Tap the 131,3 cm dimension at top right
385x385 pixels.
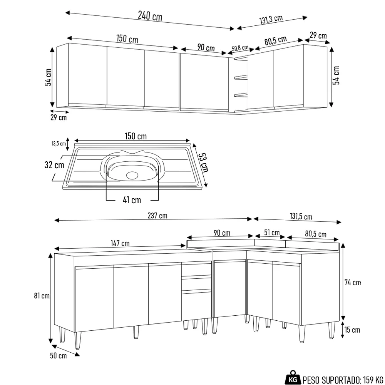pyautogui.click(x=271, y=20)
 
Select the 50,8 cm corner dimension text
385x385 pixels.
pyautogui.click(x=240, y=49)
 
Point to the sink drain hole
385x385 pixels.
pyautogui.click(x=132, y=175)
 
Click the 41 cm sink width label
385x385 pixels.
pyautogui.click(x=132, y=200)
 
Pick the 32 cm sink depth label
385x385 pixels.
pyautogui.click(x=54, y=165)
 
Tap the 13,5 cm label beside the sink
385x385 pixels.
pyautogui.click(x=59, y=144)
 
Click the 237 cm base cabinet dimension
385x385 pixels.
pyautogui.click(x=157, y=216)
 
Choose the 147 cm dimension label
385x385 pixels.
pyautogui.click(x=120, y=243)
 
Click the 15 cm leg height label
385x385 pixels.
pyautogui.click(x=352, y=330)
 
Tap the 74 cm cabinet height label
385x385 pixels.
pyautogui.click(x=353, y=283)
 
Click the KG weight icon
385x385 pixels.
pyautogui.click(x=293, y=379)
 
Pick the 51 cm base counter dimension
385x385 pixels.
pyautogui.click(x=272, y=233)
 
